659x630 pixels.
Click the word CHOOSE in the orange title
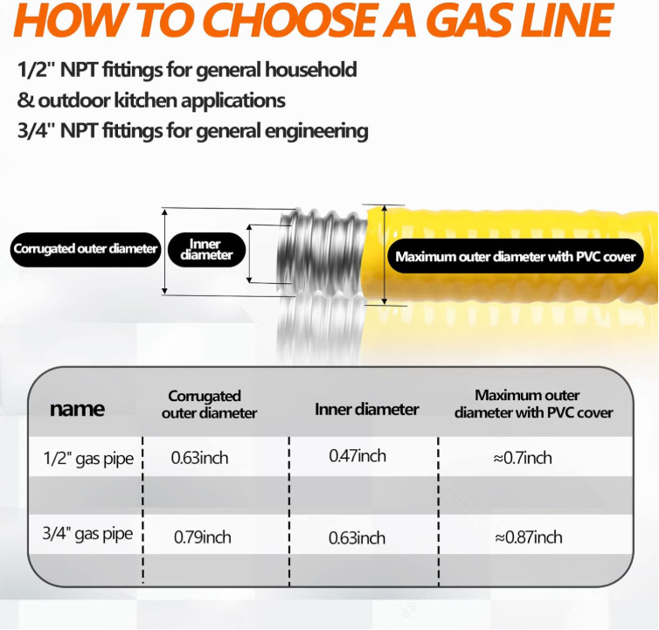point(292,19)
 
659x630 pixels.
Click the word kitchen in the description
point(145,100)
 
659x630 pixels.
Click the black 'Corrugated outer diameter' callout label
point(86,249)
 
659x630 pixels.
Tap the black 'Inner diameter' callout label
point(206,250)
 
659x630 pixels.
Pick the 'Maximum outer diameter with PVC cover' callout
point(516,256)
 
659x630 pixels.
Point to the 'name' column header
point(77,409)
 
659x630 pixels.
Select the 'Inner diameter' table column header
point(366,409)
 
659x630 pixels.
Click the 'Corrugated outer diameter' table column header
point(209,405)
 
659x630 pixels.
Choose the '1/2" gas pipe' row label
point(88,459)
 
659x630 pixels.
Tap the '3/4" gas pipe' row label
point(87,534)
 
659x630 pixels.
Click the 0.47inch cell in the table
point(357,456)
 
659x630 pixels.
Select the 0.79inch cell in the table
point(202,537)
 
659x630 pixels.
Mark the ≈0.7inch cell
point(523,458)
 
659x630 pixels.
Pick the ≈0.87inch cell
point(528,537)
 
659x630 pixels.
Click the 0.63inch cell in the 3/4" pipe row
point(357,538)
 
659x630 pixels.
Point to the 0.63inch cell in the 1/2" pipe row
point(199,458)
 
